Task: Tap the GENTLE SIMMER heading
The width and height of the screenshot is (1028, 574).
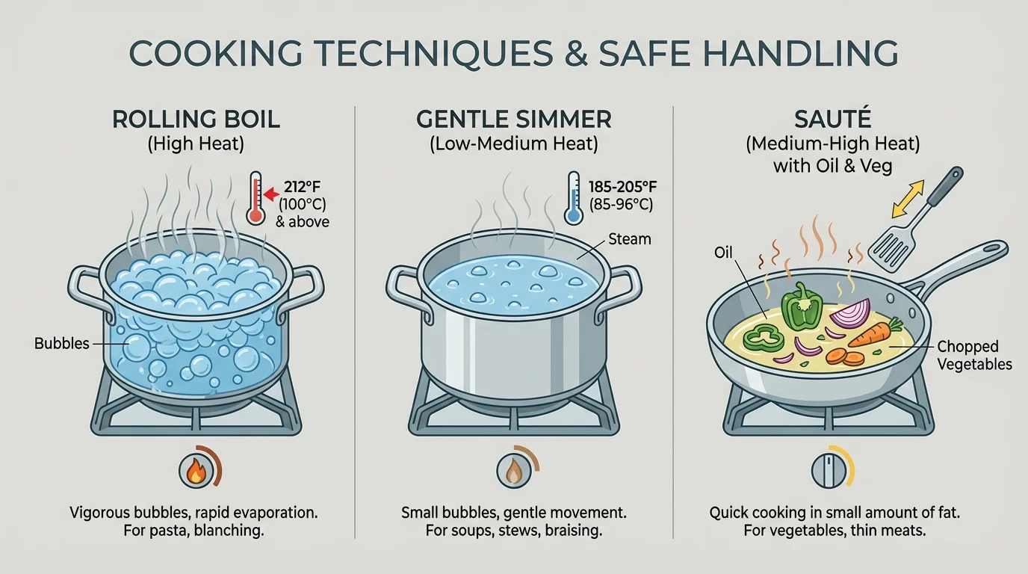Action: [513, 120]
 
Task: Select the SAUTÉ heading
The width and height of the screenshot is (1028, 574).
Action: [832, 120]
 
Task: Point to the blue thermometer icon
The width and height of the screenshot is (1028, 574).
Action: [573, 198]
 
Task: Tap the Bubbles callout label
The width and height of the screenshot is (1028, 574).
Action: [61, 344]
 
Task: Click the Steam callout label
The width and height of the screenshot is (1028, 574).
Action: [630, 239]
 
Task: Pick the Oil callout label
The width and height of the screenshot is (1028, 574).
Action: [723, 253]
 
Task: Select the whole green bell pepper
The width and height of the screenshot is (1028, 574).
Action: [802, 306]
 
